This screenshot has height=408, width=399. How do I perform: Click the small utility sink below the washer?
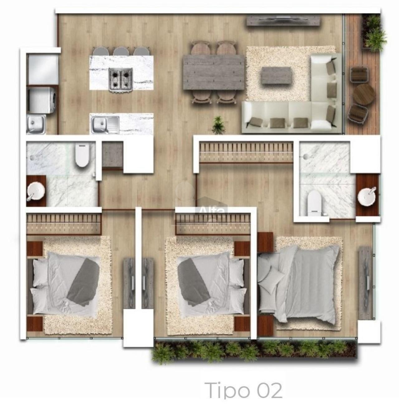point(36,124)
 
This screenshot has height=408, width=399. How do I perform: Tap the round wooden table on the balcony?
point(364,95)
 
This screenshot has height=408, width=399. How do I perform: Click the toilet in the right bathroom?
point(314,203)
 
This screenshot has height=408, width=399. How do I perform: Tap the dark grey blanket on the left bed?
point(84,282)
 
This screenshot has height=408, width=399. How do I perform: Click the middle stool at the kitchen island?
point(121,51)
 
